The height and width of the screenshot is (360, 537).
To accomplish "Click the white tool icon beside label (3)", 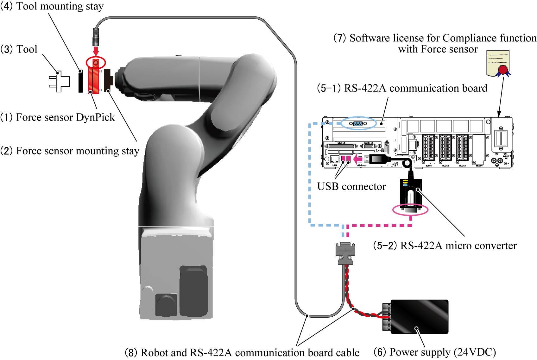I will click(x=59, y=82).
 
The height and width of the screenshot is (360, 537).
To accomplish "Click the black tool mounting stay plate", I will click(x=81, y=82).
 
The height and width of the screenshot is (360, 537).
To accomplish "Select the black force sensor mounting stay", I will click(x=108, y=81).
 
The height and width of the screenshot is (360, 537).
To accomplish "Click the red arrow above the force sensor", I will click(x=96, y=51).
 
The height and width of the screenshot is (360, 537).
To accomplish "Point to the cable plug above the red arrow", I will click(x=95, y=37).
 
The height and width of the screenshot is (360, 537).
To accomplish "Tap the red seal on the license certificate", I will click(x=503, y=70).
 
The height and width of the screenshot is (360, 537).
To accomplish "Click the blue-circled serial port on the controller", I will click(x=358, y=123).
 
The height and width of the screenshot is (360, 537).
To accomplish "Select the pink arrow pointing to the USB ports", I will click(x=358, y=158).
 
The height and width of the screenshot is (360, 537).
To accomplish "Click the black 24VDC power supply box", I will click(x=419, y=317).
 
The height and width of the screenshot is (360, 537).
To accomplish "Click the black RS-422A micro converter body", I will click(x=411, y=193).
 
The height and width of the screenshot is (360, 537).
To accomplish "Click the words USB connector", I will click(x=351, y=187).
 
